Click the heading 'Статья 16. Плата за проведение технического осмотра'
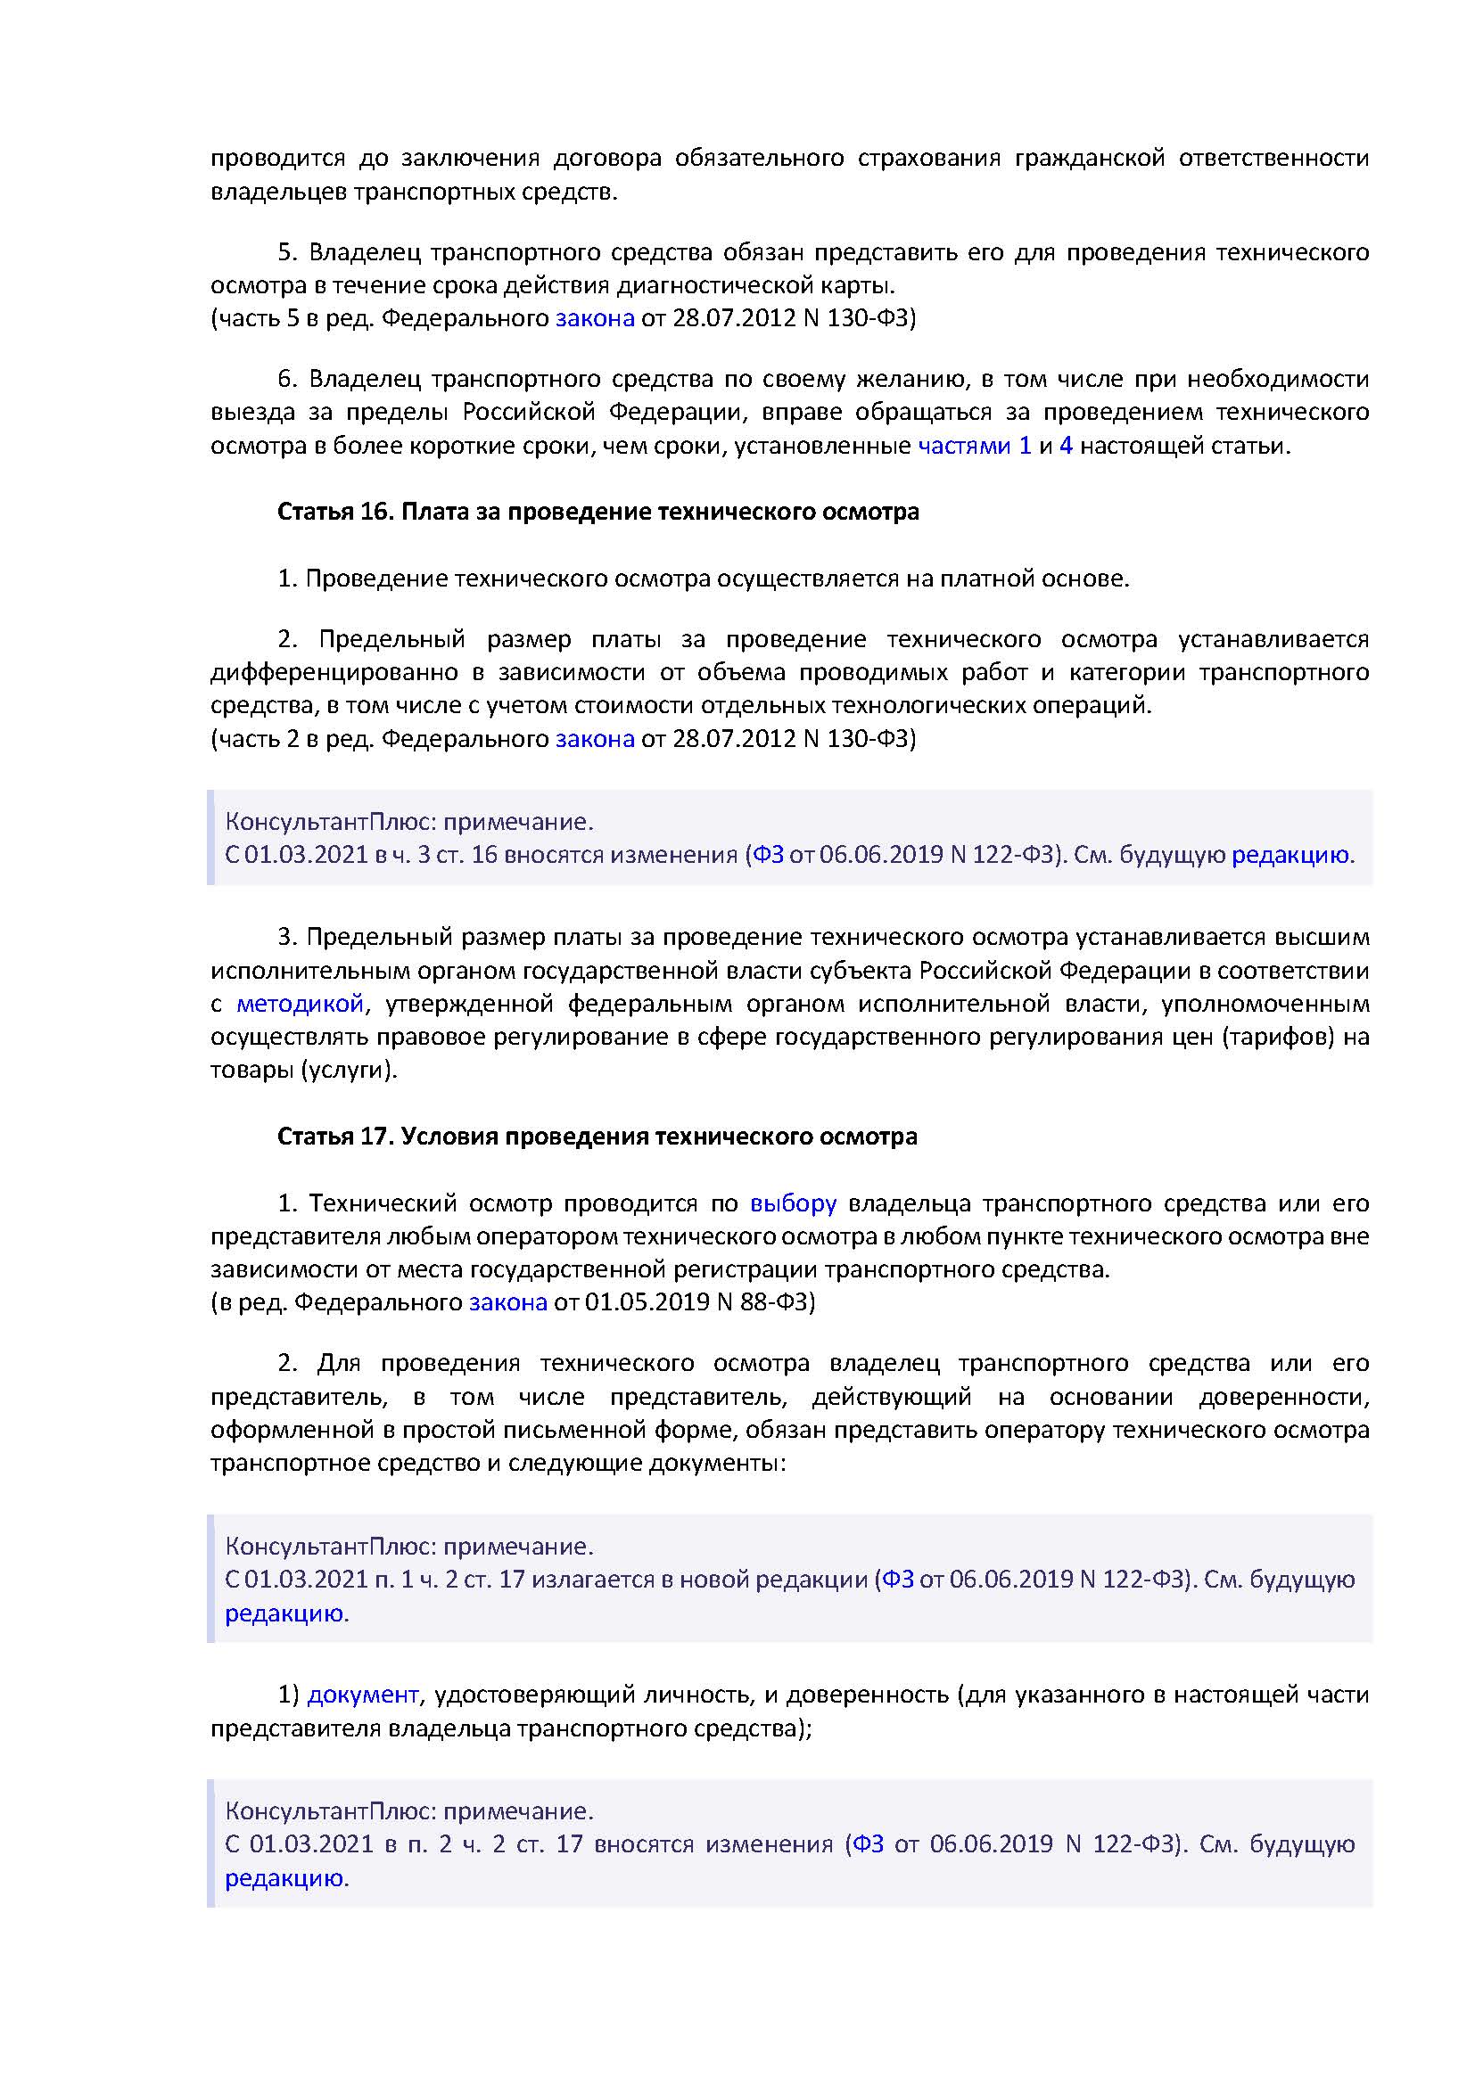click(597, 513)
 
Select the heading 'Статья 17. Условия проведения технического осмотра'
click(597, 1137)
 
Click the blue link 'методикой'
click(300, 1005)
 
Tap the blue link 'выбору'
click(792, 1203)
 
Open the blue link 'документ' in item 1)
click(362, 1695)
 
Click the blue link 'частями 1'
click(974, 446)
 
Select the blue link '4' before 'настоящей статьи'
click(1066, 446)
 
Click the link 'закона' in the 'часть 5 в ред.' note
click(594, 319)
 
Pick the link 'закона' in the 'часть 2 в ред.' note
click(594, 739)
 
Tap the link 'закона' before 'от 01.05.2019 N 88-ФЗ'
click(507, 1303)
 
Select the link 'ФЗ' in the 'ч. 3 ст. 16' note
click(768, 856)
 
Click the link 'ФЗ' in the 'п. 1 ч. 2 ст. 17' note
click(897, 1580)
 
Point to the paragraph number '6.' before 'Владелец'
click(288, 380)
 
